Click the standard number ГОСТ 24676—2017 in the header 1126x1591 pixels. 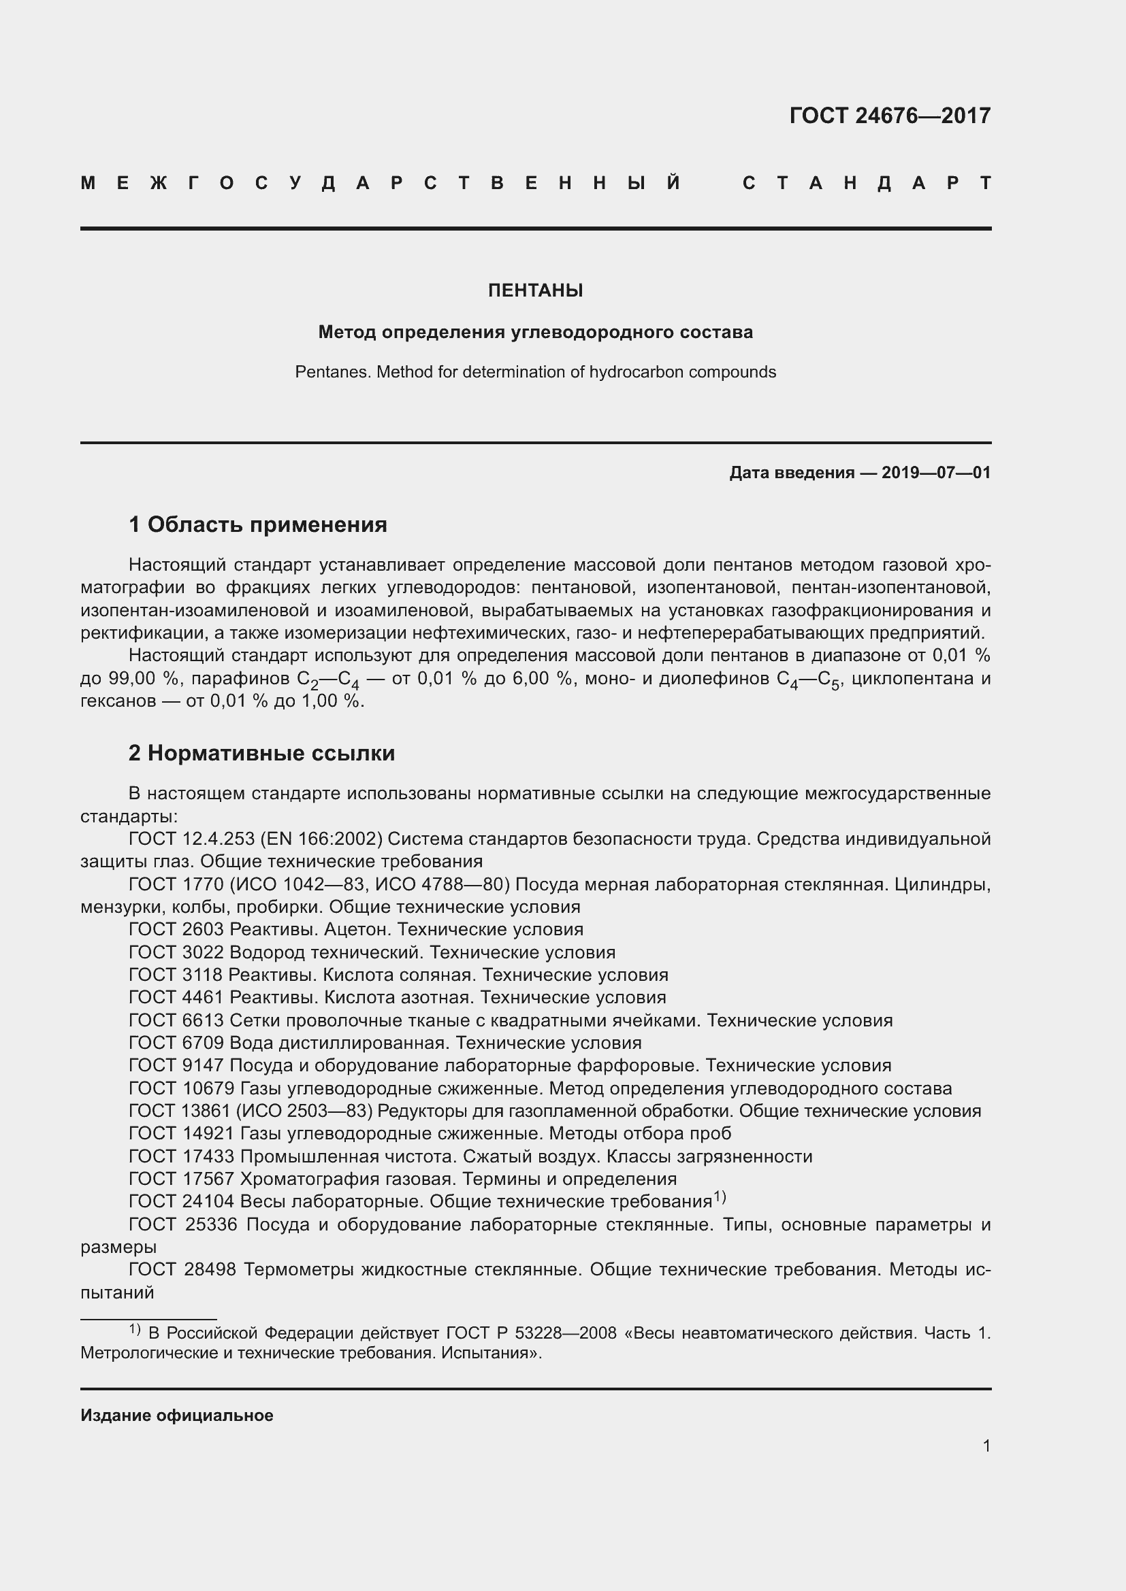coord(890,115)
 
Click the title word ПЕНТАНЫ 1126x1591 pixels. coord(535,290)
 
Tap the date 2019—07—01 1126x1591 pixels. coord(935,473)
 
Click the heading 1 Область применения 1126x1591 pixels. coord(258,524)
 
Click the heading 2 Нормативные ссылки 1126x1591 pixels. coord(261,753)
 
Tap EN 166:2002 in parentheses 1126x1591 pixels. coord(322,839)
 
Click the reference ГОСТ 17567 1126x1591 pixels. coord(182,1179)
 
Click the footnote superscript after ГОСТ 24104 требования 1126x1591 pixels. coord(719,1196)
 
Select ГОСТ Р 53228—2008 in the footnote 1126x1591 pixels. coord(531,1333)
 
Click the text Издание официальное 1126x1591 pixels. coord(177,1415)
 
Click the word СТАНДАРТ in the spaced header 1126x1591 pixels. coord(867,183)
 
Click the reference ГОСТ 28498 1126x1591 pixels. coord(182,1269)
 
